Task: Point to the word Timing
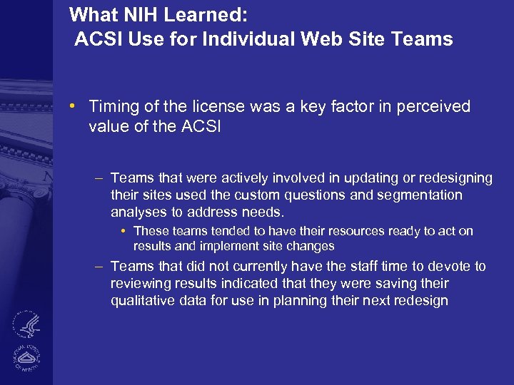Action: (112, 107)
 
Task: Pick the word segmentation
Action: (421, 195)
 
